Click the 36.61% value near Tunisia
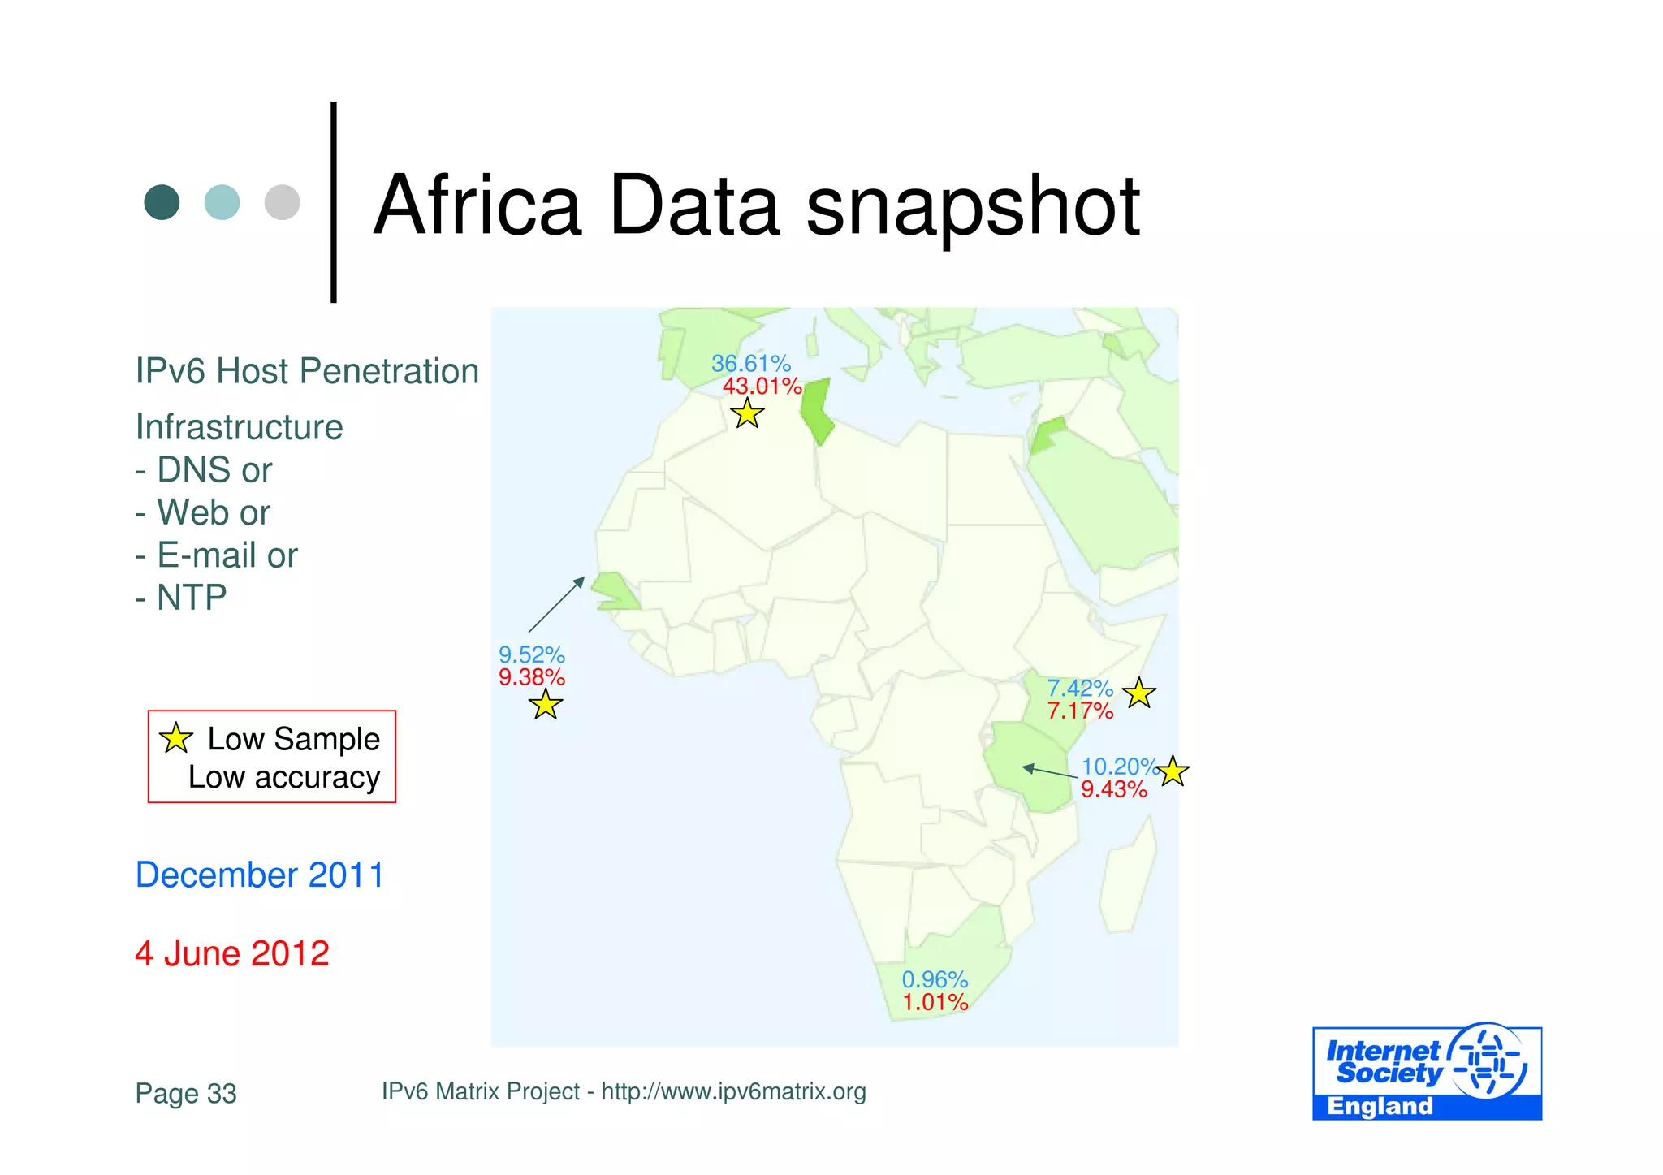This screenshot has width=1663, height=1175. (x=750, y=364)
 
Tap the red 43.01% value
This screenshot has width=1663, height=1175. (x=762, y=387)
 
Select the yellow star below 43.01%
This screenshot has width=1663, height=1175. (x=747, y=414)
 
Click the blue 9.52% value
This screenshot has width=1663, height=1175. (x=531, y=654)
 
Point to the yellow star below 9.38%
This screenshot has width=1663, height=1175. (x=546, y=705)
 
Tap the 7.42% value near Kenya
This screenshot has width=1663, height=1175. (x=1079, y=689)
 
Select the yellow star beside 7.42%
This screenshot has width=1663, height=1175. (x=1139, y=693)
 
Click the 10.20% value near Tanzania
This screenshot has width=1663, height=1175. (x=1118, y=767)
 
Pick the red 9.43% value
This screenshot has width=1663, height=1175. (x=1113, y=789)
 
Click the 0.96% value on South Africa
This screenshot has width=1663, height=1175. (x=935, y=979)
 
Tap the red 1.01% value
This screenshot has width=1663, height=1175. (x=935, y=1002)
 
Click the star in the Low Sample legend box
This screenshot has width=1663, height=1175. (x=175, y=738)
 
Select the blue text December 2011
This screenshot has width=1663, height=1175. (x=259, y=875)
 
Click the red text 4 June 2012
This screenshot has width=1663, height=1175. (x=232, y=953)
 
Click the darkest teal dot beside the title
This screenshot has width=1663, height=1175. (x=162, y=202)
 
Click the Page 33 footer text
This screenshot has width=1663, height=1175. (x=186, y=1093)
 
